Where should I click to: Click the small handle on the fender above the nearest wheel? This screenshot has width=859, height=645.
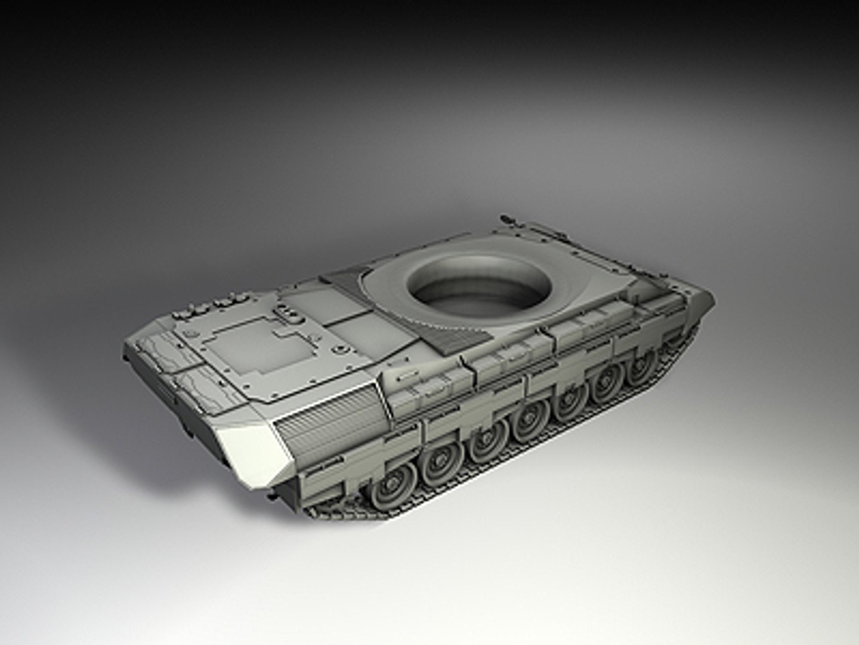pyautogui.click(x=406, y=377)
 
